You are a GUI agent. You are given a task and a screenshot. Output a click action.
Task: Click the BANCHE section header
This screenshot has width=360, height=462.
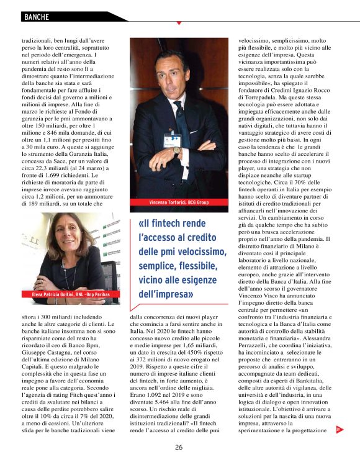point(37,17)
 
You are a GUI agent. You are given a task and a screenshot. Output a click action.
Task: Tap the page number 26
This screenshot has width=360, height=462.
point(179,447)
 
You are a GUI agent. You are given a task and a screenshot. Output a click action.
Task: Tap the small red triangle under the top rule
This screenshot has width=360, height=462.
point(179,24)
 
